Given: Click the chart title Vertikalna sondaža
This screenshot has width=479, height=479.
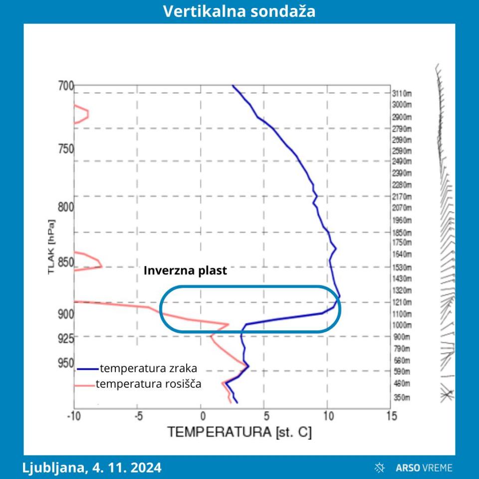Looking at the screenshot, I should point(239,11).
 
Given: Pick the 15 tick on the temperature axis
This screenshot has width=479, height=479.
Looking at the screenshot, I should point(390,416).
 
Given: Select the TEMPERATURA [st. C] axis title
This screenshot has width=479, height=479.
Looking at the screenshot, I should point(239,432).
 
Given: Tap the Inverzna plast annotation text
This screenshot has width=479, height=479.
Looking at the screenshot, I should point(185,270).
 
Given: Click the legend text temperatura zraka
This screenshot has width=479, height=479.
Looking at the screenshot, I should point(148,369).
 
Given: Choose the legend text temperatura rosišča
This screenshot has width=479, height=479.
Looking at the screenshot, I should point(148,384).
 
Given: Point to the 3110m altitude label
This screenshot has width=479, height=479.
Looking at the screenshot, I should point(402,93).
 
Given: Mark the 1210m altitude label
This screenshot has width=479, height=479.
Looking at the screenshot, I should point(402,302).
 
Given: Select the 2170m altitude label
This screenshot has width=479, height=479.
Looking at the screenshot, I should point(402,196).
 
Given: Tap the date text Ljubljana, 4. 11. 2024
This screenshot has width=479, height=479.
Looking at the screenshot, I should point(92,468).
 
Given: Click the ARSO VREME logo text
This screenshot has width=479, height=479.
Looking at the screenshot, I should point(424,468).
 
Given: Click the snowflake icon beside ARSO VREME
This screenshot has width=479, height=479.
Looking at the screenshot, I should point(380,468).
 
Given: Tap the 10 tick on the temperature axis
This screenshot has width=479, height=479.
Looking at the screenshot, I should point(326,416).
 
